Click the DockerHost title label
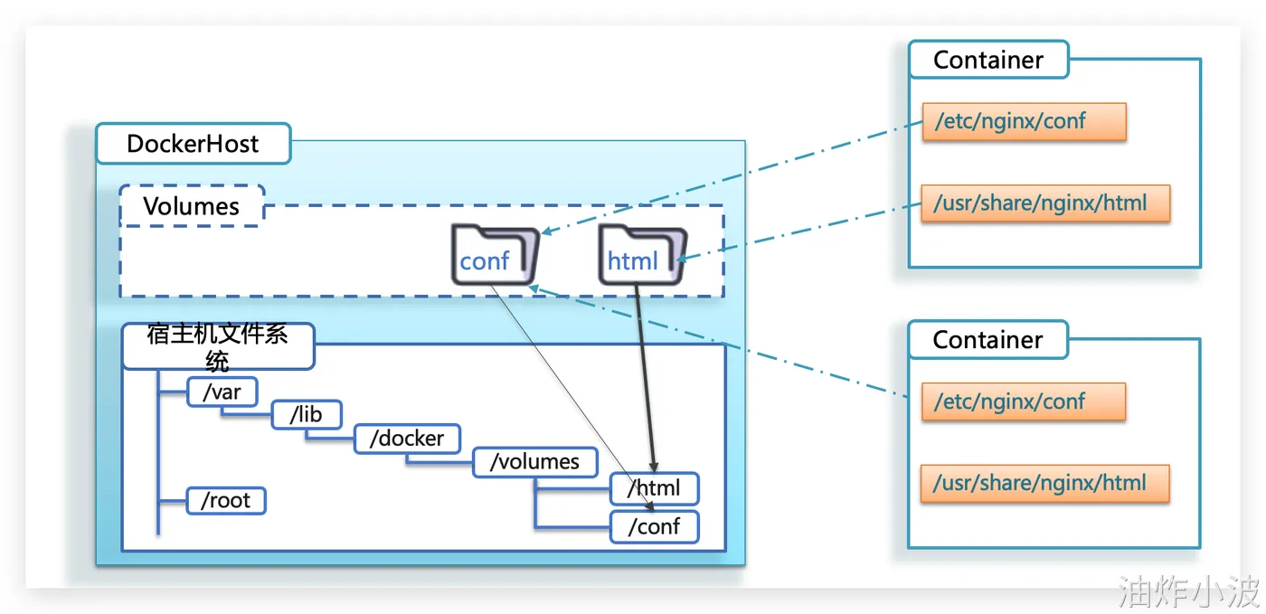point(193,144)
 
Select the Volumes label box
point(192,206)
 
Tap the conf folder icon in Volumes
point(494,256)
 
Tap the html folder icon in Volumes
point(641,256)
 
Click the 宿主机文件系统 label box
point(218,346)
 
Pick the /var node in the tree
point(222,392)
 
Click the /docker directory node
point(407,439)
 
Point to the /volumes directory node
point(534,462)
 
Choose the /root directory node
point(226,500)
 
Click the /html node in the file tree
point(654,488)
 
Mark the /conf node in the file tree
point(654,526)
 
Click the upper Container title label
point(988,60)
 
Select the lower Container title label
point(988,340)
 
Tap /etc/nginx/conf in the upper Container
point(1024,121)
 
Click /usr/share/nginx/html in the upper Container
point(1045,203)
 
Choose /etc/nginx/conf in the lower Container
point(1024,401)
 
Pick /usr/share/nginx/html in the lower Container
point(1045,483)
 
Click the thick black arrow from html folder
point(645,380)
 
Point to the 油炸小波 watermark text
point(1189,592)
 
